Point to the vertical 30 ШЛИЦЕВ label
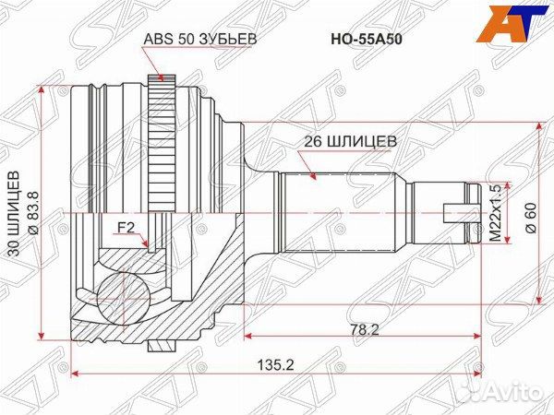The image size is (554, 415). pyautogui.click(x=14, y=213)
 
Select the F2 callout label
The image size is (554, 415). pyautogui.click(x=125, y=227)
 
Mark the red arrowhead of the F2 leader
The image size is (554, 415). pyautogui.click(x=150, y=245)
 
